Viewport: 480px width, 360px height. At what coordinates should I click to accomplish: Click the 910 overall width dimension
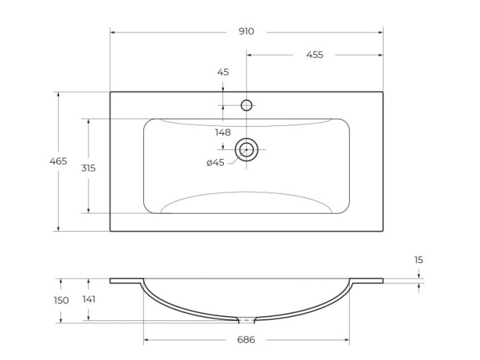246,32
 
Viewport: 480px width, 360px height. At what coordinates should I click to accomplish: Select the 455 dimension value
314,55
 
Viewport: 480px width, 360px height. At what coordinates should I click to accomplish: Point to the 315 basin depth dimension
88,167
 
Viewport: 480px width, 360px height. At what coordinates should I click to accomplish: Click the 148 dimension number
222,132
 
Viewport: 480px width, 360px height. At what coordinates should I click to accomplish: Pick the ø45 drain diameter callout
216,163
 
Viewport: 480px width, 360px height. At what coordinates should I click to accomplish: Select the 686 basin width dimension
246,339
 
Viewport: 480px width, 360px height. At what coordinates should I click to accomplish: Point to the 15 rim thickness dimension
419,259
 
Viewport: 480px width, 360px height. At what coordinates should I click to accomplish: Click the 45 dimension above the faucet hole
223,72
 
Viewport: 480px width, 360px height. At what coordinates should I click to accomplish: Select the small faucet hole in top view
246,105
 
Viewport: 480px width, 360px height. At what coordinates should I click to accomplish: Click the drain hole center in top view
247,150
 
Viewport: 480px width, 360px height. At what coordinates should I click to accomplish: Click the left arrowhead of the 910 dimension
113,32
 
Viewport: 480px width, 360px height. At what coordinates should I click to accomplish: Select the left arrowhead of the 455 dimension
250,55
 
